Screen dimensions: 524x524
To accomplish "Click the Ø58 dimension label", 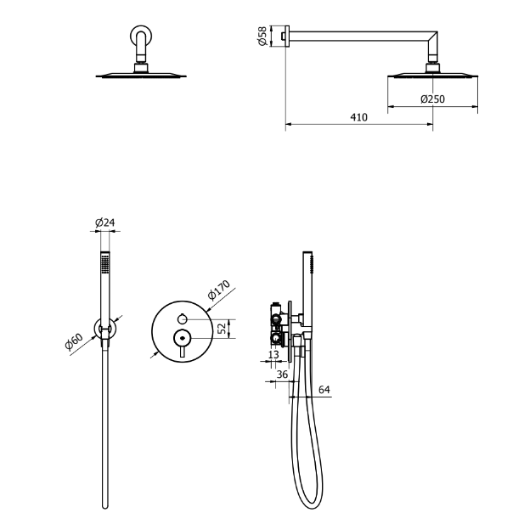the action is pyautogui.click(x=262, y=36).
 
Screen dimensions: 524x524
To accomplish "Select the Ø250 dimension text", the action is pyautogui.click(x=432, y=99).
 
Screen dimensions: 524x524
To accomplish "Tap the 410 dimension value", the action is pyautogui.click(x=358, y=117).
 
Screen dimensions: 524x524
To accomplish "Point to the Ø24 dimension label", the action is pyautogui.click(x=105, y=223).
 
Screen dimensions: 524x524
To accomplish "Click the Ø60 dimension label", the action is pyautogui.click(x=74, y=341).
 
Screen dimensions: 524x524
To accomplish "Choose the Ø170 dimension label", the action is pyautogui.click(x=219, y=290).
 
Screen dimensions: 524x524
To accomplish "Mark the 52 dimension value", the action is pyautogui.click(x=222, y=329).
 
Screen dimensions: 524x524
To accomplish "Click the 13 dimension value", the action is pyautogui.click(x=273, y=354).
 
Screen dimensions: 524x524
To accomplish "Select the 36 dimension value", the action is pyautogui.click(x=282, y=375).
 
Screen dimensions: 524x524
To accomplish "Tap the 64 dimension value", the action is pyautogui.click(x=324, y=389).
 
